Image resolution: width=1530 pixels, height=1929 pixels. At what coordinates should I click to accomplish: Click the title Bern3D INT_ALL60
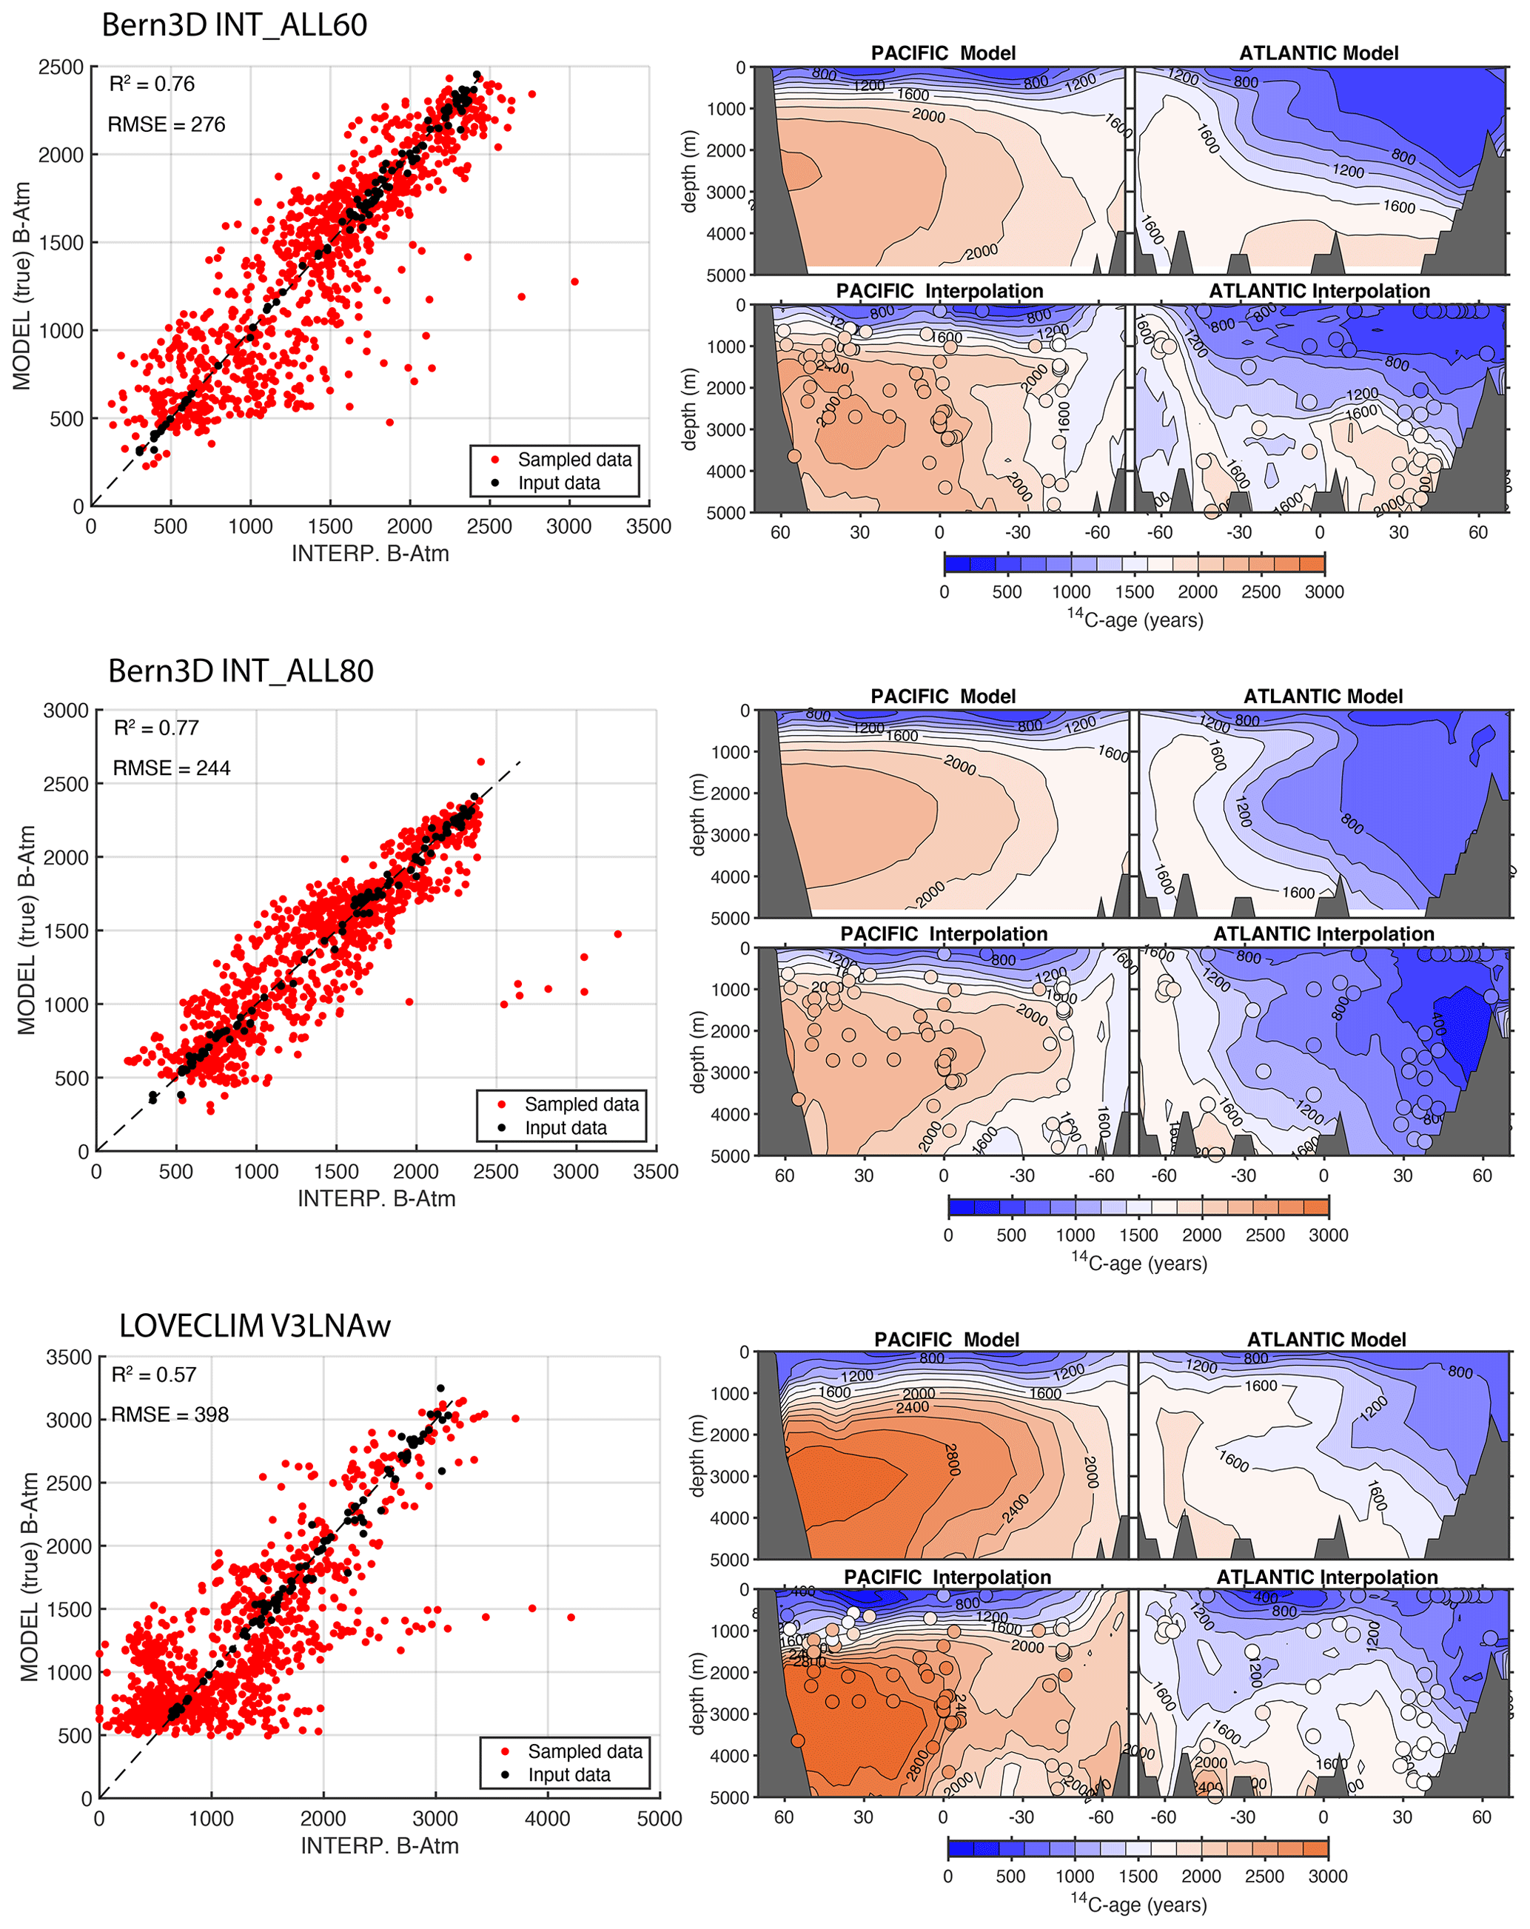[x=235, y=25]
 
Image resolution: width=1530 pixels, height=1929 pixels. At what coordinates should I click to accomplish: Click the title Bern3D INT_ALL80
[x=241, y=671]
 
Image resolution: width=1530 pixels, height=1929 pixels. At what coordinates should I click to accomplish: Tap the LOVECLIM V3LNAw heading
[x=255, y=1325]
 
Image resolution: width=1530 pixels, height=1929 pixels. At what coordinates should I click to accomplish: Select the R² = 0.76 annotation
[x=151, y=84]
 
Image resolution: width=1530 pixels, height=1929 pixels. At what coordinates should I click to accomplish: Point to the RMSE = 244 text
[x=171, y=768]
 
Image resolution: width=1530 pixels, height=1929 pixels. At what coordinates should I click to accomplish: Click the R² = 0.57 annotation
[x=153, y=1375]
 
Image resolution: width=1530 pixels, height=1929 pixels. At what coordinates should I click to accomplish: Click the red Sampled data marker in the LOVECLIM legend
[x=506, y=1751]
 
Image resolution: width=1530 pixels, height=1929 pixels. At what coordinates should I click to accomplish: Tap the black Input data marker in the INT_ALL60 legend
[x=494, y=483]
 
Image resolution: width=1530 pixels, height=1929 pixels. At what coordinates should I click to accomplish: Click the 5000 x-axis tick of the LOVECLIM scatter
[x=660, y=1819]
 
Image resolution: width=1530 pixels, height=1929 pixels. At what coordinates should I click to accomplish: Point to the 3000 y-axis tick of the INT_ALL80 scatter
[x=66, y=711]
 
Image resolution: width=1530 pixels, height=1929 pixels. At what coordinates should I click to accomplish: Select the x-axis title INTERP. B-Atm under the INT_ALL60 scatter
[x=369, y=554]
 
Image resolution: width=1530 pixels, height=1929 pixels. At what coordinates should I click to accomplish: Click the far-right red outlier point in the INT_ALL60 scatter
[x=574, y=282]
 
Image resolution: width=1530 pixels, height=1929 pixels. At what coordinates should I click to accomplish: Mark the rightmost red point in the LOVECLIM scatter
[x=571, y=1617]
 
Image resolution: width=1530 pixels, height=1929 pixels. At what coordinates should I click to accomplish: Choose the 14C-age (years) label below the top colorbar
[x=1135, y=619]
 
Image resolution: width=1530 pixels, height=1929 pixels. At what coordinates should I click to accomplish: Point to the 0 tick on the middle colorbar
[x=948, y=1235]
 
